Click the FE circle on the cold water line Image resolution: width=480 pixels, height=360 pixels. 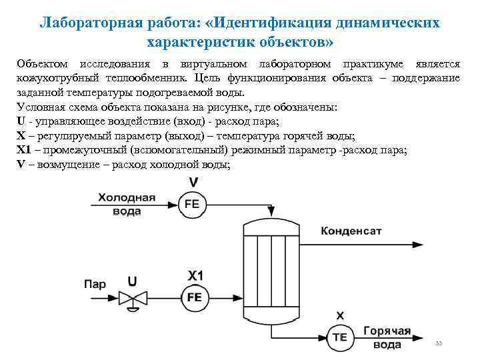tap(192, 205)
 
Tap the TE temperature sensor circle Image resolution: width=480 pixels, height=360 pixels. tap(339, 337)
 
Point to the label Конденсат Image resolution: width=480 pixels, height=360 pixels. tap(352, 231)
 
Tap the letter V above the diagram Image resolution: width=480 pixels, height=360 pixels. tap(193, 182)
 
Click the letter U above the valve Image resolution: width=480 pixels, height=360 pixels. tap(133, 281)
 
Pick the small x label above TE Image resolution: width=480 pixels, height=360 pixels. tap(340, 315)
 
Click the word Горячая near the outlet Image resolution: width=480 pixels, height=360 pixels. tap(387, 331)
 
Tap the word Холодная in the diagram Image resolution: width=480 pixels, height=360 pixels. tap(127, 197)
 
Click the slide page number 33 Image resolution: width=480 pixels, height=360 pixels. tap(438, 343)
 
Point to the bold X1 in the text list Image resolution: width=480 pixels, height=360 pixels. tap(24, 149)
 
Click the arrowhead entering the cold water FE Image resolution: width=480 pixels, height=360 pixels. tap(175, 205)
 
